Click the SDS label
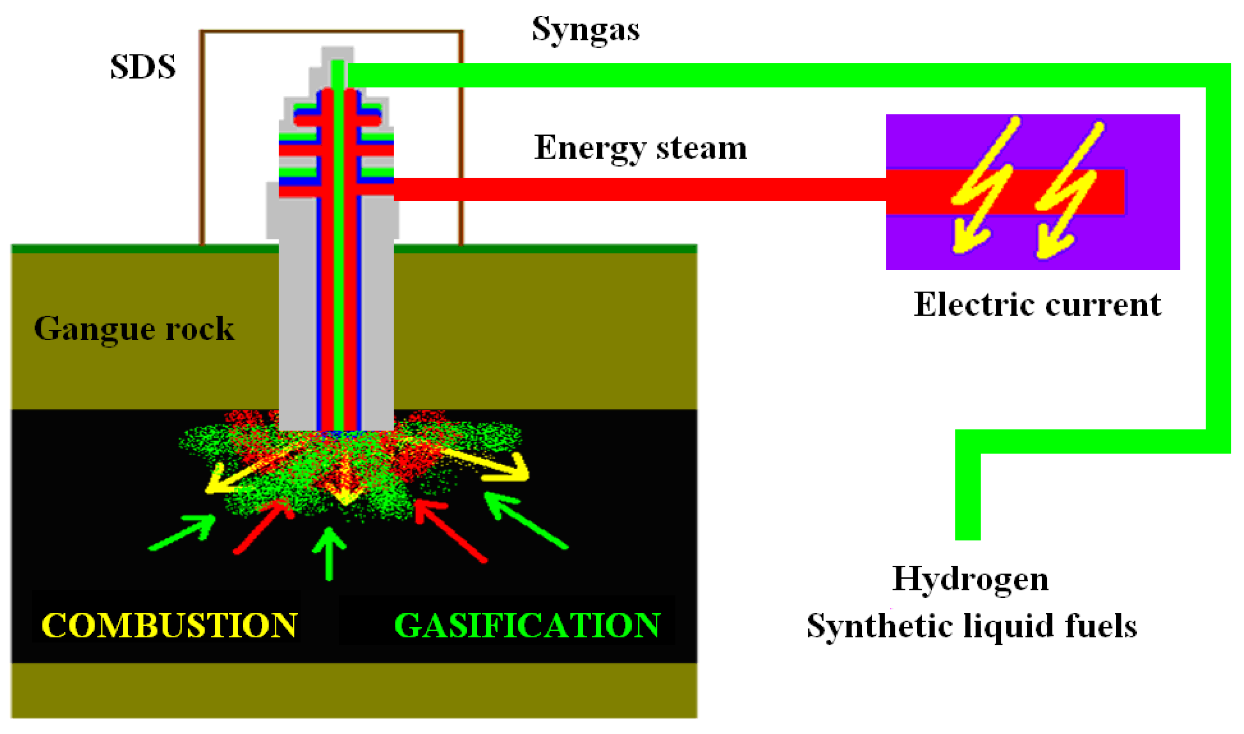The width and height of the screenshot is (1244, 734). [x=143, y=67]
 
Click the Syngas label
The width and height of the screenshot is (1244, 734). [x=585, y=30]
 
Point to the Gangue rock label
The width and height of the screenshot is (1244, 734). [x=134, y=329]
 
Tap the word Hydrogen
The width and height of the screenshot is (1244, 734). [x=970, y=579]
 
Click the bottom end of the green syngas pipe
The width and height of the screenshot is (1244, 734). [x=967, y=534]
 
